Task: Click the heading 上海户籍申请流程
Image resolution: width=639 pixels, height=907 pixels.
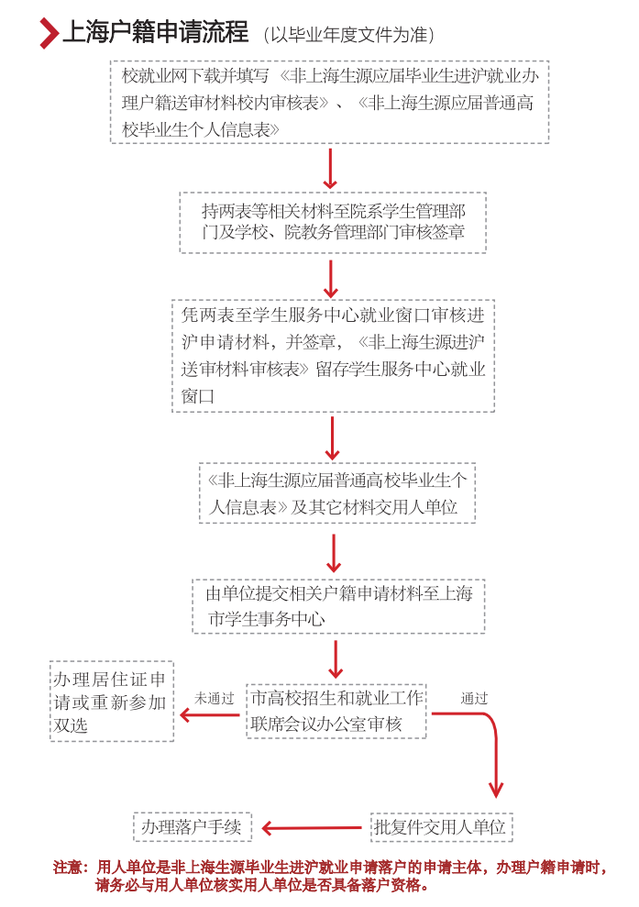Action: (155, 33)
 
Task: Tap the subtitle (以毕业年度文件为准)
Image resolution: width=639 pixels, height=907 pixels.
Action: (347, 35)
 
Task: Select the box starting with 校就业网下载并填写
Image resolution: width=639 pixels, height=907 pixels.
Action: (330, 103)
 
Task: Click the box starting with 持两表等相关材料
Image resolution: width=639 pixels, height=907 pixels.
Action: (333, 222)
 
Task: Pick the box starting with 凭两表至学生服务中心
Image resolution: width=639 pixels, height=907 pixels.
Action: (333, 355)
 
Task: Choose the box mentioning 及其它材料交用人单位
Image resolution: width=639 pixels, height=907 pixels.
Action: (337, 493)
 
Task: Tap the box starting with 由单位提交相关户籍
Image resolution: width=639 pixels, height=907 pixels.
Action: (338, 606)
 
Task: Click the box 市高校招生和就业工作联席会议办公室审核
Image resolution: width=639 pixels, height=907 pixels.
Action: (338, 712)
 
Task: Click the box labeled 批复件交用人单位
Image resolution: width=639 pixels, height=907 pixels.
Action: (440, 827)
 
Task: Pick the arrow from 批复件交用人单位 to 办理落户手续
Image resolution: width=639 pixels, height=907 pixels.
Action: (312, 828)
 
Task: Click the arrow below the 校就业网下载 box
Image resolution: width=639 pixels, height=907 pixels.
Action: (331, 167)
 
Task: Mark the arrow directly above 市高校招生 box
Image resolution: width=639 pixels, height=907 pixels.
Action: (336, 658)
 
